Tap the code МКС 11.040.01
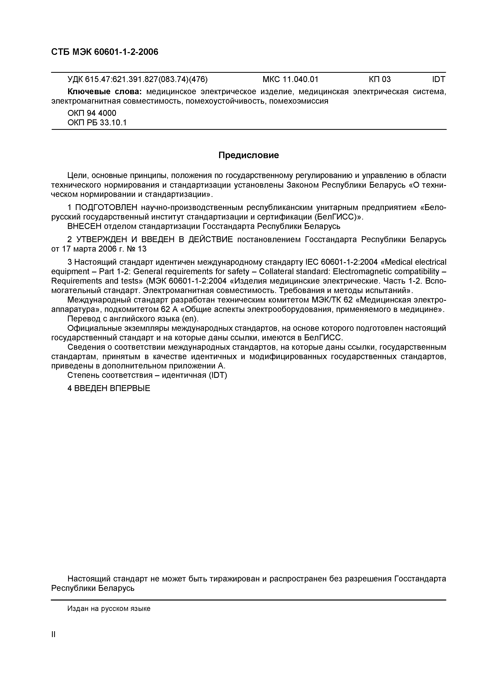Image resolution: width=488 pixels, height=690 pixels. pyautogui.click(x=290, y=79)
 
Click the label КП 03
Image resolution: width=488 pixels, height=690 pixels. pyautogui.click(x=380, y=79)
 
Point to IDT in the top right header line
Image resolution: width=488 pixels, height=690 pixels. pyautogui.click(x=439, y=79)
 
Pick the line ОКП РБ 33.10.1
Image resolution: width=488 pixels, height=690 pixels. pyautogui.click(x=97, y=122)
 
